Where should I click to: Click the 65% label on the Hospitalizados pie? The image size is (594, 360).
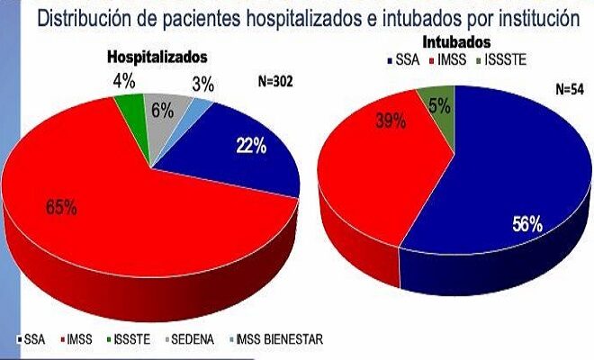click(x=61, y=207)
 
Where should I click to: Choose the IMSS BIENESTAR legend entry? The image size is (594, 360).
click(x=280, y=339)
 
